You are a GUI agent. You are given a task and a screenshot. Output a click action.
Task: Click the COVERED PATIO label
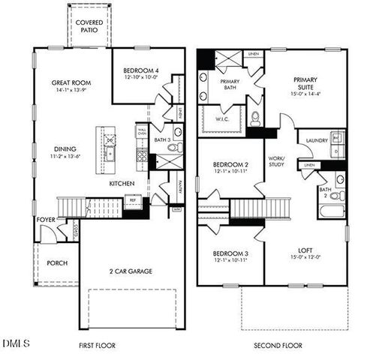click(x=90, y=27)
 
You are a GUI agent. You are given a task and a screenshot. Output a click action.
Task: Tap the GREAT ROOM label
click(x=71, y=82)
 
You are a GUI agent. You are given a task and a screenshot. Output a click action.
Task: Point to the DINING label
click(x=65, y=148)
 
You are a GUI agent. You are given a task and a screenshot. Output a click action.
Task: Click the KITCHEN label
click(x=122, y=183)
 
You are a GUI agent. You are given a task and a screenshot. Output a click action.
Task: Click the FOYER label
click(x=44, y=220)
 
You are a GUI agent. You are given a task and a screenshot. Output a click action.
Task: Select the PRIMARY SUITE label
click(x=305, y=82)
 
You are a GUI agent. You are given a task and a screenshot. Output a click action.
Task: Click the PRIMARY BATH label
click(x=230, y=84)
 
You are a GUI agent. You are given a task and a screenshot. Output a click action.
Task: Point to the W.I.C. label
click(x=222, y=118)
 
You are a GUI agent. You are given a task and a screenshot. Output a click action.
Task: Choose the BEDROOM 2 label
click(x=230, y=165)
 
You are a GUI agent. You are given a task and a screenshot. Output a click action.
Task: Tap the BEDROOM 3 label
click(x=230, y=253)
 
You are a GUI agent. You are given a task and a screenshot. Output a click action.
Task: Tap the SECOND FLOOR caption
click(x=277, y=346)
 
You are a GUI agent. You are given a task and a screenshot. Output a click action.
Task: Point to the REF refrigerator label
click(x=132, y=200)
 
